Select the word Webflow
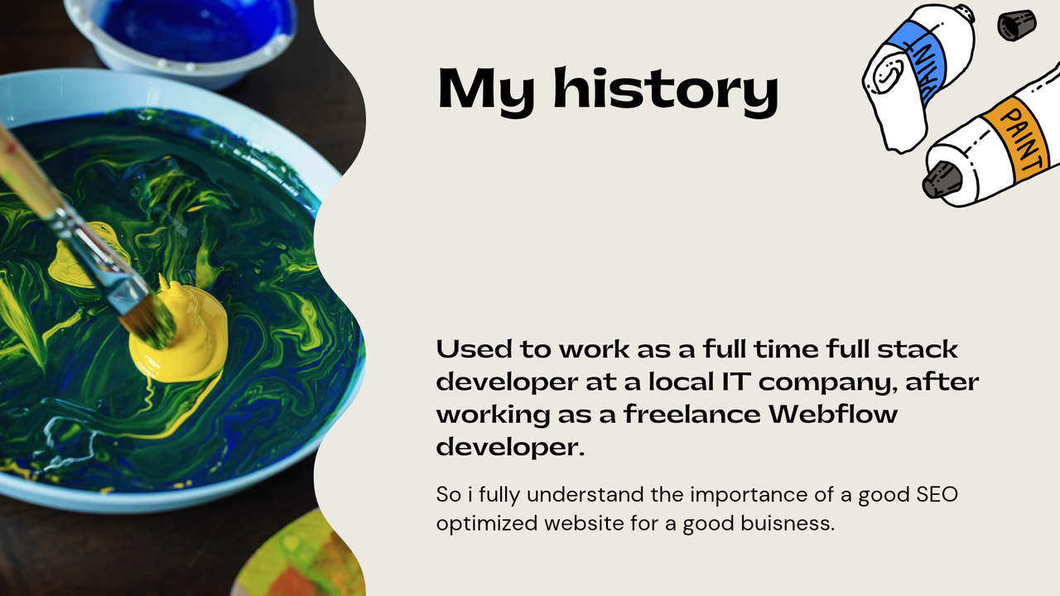point(833,414)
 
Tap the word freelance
point(691,414)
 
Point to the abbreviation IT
point(736,382)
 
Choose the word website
point(584,524)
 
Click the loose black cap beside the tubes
point(1016,25)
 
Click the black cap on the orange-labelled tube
point(942,180)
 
